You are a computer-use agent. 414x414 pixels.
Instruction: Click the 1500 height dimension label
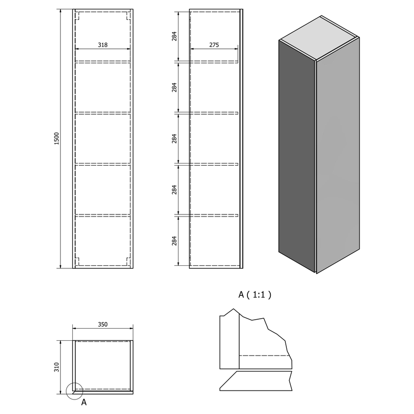tap(56, 139)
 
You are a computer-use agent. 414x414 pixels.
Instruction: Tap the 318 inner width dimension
tap(103, 45)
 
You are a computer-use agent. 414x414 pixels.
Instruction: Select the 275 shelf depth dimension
tap(214, 45)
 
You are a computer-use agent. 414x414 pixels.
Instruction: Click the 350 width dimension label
tap(103, 324)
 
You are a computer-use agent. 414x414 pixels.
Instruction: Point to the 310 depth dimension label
tap(56, 367)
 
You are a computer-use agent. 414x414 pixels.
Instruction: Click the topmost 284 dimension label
tap(174, 36)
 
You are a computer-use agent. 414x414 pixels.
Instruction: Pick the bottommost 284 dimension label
tap(174, 241)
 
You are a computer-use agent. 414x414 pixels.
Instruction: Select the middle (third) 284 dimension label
tap(174, 139)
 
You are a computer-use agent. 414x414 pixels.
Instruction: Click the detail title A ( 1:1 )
tap(255, 294)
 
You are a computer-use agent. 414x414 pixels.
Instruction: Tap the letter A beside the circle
tap(84, 402)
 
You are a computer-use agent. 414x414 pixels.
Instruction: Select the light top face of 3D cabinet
tap(319, 37)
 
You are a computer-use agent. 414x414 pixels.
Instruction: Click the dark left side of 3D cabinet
tap(297, 156)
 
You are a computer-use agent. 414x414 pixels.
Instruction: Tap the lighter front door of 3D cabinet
tap(338, 156)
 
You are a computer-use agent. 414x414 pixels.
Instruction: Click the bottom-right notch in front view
tap(128, 261)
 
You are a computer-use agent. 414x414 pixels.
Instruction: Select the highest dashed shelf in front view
tap(103, 62)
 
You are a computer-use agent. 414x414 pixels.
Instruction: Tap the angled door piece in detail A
tap(255, 381)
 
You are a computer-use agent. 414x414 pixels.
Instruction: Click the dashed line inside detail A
tap(264, 356)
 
